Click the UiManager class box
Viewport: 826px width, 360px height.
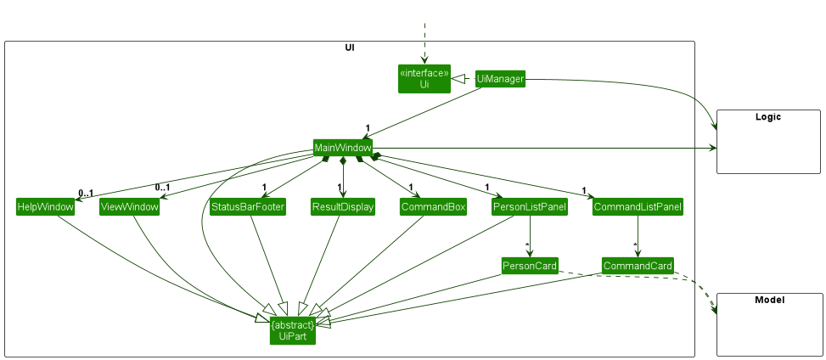coord(500,79)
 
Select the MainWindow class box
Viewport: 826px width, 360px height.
coord(342,148)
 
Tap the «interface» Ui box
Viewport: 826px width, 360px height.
coord(424,79)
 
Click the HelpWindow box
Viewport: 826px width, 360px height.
coord(45,207)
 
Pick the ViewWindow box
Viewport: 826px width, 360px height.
coord(129,207)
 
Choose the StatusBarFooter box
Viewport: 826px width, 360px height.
coord(247,207)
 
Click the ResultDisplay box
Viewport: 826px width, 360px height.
coord(343,207)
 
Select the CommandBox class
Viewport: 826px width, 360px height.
coord(433,207)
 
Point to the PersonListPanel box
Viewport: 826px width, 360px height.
coord(530,207)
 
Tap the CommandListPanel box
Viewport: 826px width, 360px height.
coord(637,207)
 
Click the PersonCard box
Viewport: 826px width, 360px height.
coord(530,266)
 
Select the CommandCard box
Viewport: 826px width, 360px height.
coord(638,266)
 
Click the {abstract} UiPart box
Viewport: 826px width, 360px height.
coord(293,331)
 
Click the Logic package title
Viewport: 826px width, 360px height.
coord(767,117)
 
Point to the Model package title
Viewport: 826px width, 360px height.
coord(768,301)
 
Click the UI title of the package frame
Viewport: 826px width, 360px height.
coord(350,48)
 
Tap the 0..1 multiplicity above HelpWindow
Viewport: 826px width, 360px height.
coord(85,192)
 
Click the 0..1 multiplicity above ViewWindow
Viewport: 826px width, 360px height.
coord(162,188)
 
